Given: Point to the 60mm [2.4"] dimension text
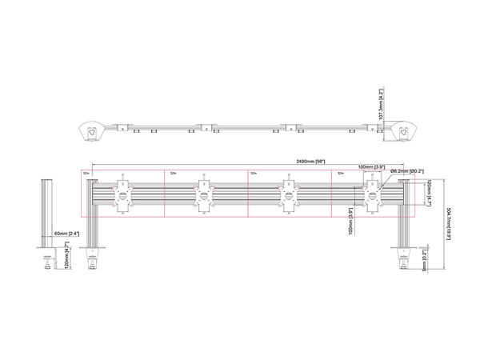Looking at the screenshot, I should (x=66, y=233).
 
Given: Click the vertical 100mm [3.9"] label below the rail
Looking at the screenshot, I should (x=350, y=222).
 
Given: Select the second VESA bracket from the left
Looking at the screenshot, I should (x=205, y=196).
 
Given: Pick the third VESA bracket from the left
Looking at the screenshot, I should (x=287, y=196).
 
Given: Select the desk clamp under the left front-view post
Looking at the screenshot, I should (x=94, y=261).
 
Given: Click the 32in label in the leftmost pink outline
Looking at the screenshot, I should (x=86, y=172).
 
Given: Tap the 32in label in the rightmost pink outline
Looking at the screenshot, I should (x=340, y=172).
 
